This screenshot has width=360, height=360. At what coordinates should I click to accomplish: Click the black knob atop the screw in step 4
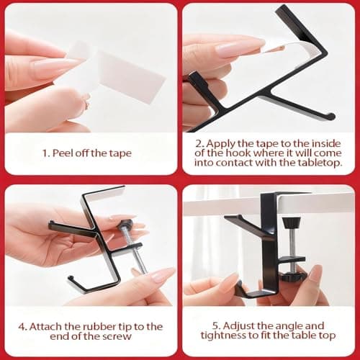coord(127,225)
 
